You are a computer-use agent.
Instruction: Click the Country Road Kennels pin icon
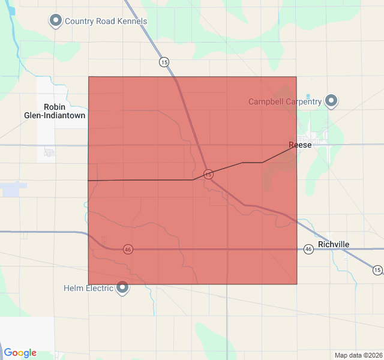tap(56, 21)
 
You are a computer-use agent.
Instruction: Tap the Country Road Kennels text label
tap(106, 22)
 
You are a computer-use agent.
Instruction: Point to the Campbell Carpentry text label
tap(285, 101)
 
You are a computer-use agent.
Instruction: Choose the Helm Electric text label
tap(88, 288)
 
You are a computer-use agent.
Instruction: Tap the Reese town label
tap(300, 145)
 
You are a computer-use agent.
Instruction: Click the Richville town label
tap(334, 244)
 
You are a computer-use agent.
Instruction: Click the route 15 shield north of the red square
tap(164, 62)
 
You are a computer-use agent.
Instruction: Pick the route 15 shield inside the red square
tap(208, 174)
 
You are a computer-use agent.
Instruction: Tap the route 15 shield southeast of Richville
tap(377, 270)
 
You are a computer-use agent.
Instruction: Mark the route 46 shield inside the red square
tap(128, 249)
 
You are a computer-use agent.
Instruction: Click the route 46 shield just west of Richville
tap(308, 248)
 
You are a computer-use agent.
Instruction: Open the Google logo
tap(20, 353)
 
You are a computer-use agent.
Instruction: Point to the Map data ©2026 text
tap(358, 355)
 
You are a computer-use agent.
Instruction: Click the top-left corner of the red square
tap(89, 77)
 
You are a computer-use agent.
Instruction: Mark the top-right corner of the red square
tap(296, 77)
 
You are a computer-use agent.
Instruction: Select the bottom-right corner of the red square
tap(296, 284)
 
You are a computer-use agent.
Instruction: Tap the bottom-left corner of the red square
tap(89, 284)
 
